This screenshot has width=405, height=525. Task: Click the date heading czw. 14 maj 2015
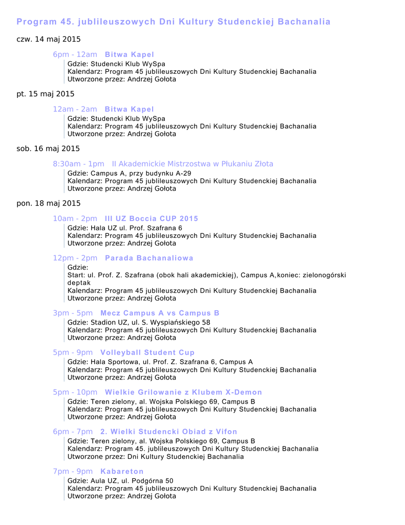[49, 39]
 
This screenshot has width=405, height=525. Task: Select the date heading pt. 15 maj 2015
[46, 94]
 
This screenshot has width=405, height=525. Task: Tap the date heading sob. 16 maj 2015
[48, 149]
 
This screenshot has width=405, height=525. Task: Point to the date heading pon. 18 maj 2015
[49, 204]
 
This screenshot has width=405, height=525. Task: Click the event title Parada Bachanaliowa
[149, 258]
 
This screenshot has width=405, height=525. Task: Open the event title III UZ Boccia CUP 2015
[151, 219]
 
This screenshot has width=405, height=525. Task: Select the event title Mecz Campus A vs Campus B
[160, 313]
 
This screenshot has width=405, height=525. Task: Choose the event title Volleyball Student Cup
[147, 353]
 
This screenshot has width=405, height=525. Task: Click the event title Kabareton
[122, 472]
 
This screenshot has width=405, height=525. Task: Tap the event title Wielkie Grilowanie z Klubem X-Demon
[183, 392]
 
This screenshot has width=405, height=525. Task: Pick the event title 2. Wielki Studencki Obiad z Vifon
[168, 432]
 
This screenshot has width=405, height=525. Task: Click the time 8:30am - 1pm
[78, 164]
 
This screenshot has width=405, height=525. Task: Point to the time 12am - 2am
[75, 109]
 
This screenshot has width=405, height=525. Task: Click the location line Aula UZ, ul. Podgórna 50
[120, 481]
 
